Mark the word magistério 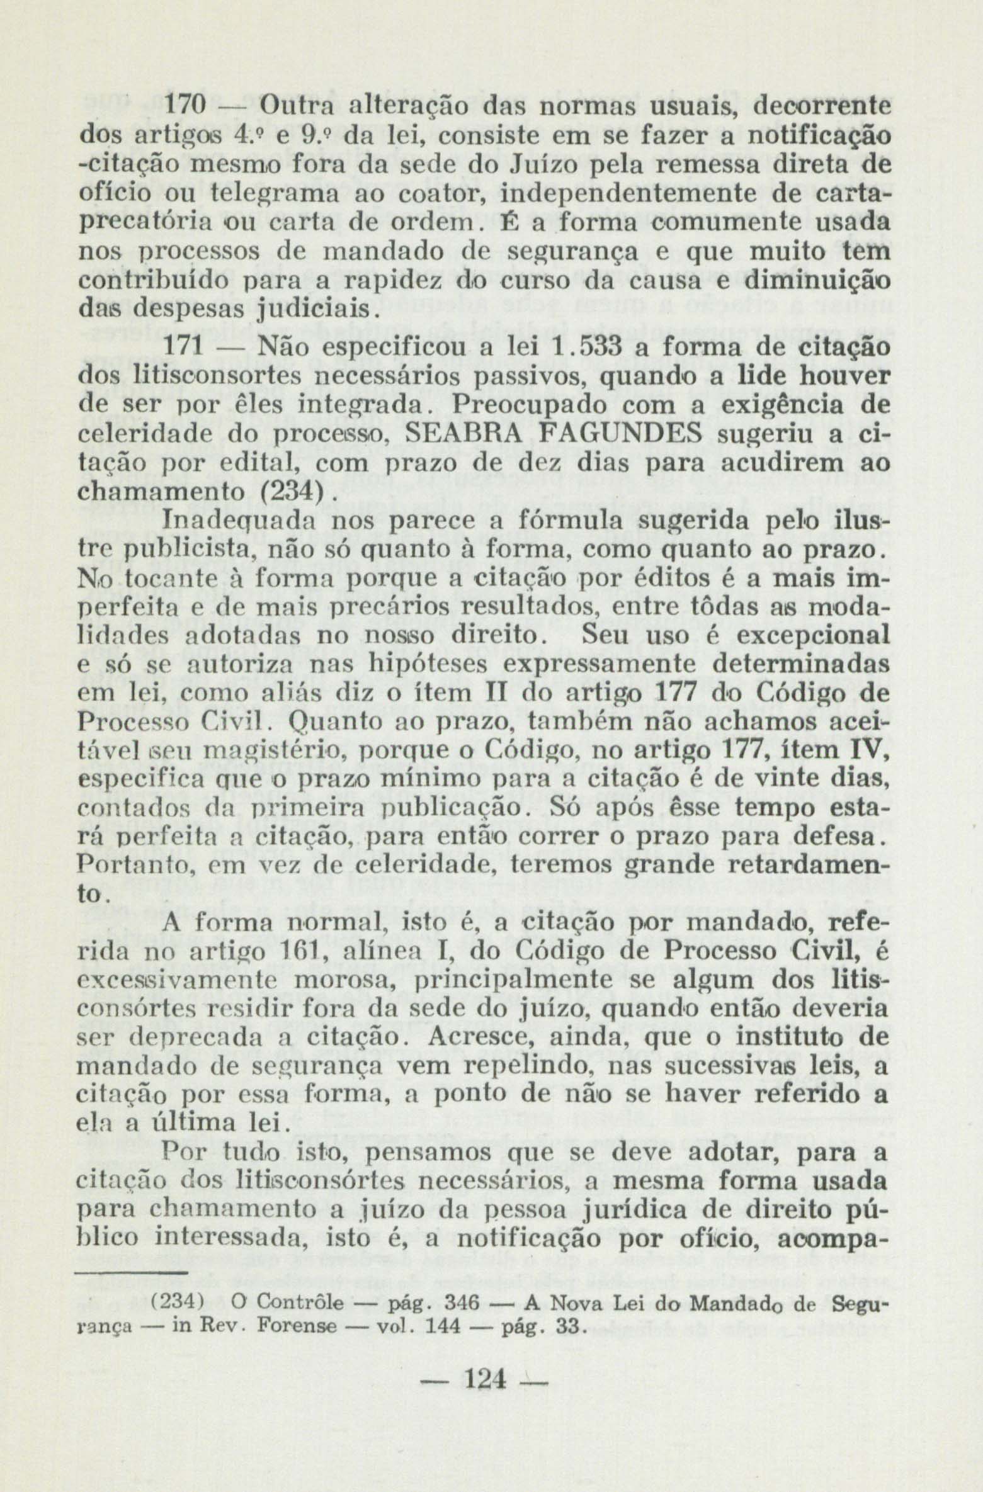click(x=261, y=752)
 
